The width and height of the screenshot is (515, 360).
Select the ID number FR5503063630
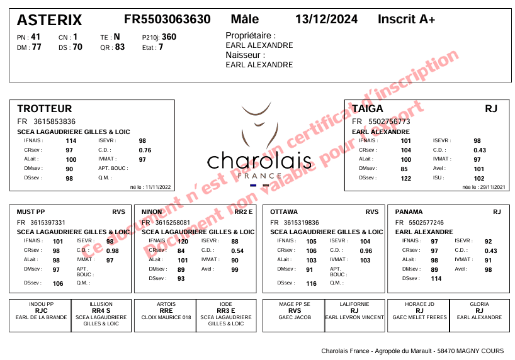[x=167, y=20]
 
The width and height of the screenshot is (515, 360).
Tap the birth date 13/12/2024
[x=326, y=20]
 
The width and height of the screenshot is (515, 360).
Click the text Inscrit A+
[x=406, y=20]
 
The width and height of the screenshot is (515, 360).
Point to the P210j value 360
[x=169, y=37]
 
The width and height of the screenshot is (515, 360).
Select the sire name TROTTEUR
[x=44, y=109]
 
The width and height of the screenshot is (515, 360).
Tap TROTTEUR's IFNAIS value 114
[x=71, y=141]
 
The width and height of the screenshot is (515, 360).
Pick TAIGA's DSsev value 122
[x=405, y=179]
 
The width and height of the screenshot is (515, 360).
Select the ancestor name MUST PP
[x=30, y=212]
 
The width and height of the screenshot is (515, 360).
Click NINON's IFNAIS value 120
[x=183, y=242]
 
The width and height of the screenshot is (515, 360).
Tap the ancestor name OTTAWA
[x=284, y=212]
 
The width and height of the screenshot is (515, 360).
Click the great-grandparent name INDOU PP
[x=42, y=304]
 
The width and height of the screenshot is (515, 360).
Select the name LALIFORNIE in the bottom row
[x=354, y=304]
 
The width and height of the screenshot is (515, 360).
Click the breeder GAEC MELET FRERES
[x=419, y=318]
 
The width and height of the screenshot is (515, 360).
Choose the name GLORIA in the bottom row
[x=479, y=304]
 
